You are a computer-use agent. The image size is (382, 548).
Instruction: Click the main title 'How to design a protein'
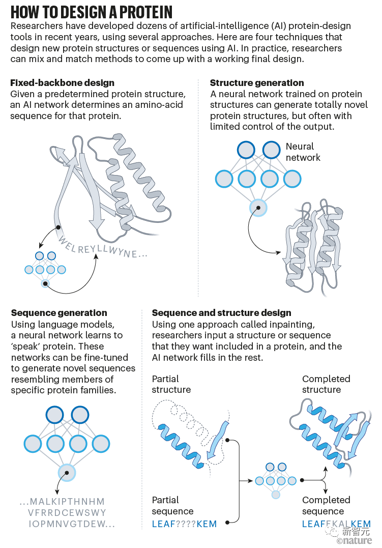pos(92,12)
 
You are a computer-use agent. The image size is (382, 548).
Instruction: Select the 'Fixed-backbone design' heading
pos(62,83)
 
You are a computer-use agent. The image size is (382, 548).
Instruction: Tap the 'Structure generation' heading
pos(257,83)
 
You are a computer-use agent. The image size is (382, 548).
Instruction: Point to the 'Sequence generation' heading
pos(59,313)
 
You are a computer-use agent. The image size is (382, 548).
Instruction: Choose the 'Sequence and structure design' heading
pos(222,313)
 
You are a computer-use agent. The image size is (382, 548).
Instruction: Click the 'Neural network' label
pos(303,152)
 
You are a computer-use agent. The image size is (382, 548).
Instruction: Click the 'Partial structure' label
pos(171,384)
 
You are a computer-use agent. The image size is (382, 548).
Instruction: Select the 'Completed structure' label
pos(326,384)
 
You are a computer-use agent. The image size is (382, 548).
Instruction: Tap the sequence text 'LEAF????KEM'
pos(185,524)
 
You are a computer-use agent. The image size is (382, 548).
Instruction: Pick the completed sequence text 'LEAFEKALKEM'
pos(336,524)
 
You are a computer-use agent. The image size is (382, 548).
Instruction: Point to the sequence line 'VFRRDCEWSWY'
pos(67,512)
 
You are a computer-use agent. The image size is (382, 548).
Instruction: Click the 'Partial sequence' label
pos(172,506)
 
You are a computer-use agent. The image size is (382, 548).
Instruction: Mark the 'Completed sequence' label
pos(326,506)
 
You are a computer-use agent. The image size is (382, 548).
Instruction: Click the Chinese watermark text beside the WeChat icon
pos(356,531)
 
